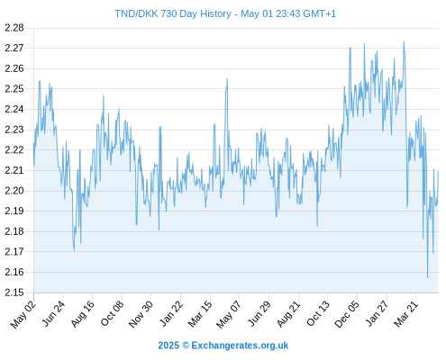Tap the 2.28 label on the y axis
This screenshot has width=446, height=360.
(14, 28)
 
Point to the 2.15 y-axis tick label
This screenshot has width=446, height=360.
(14, 292)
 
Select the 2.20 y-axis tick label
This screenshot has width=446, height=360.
(14, 191)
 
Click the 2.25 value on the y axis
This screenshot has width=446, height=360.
(14, 89)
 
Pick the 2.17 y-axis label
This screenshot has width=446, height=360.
(14, 252)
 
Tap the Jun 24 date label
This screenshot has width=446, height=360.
(53, 313)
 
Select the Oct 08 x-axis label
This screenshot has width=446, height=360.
(112, 313)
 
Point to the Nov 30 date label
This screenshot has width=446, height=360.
(141, 314)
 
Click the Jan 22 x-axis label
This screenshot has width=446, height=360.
(170, 313)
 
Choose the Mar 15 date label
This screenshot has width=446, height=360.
(200, 314)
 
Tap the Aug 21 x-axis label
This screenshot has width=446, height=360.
(288, 314)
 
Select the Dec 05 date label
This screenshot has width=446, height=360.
(347, 314)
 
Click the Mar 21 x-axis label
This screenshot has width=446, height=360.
(406, 314)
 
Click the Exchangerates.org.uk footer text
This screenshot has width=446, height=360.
(240, 346)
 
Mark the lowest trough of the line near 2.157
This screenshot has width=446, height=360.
(427, 278)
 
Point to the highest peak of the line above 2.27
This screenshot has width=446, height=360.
(404, 41)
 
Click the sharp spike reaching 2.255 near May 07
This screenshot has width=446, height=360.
(227, 78)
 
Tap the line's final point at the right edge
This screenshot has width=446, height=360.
(438, 171)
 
